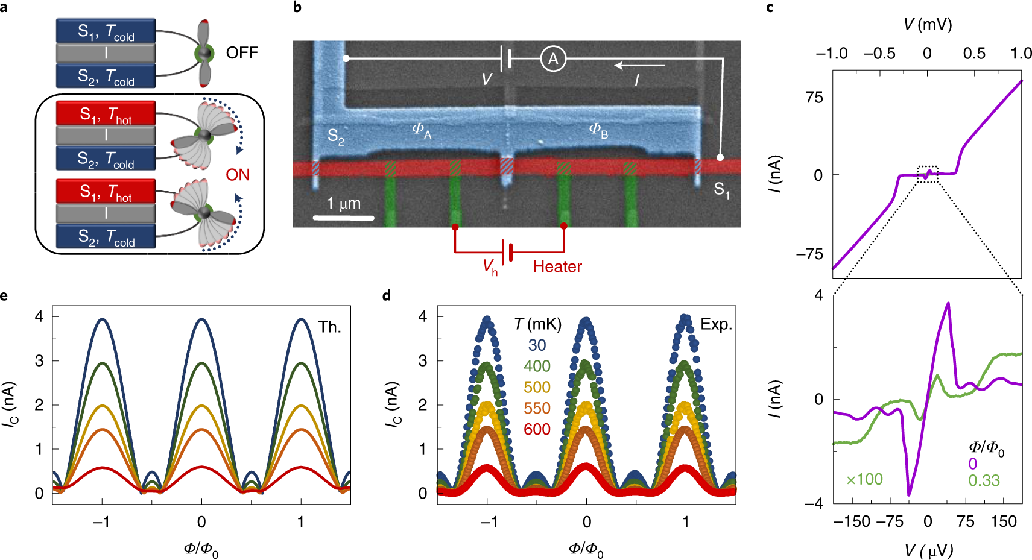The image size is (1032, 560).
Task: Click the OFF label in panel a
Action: point(242,53)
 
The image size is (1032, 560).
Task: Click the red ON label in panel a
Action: point(238,175)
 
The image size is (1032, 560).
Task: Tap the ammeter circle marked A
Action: point(553,59)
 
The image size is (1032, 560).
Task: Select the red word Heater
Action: point(557,266)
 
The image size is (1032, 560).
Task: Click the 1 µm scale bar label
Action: point(344,204)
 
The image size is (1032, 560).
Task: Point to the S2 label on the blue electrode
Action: point(336,137)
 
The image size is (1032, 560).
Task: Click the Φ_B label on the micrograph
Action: point(598,130)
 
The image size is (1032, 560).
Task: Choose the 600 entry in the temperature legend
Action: point(537,429)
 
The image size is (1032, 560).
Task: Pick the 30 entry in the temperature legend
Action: point(537,345)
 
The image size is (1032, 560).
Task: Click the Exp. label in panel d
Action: point(716,324)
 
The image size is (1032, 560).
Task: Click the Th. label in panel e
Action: point(329,327)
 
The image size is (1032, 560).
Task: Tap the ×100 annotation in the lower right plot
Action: point(864,479)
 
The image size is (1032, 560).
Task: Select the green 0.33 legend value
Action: point(984,480)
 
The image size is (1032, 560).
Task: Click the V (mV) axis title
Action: point(928,25)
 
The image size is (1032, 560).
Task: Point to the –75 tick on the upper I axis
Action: point(810,254)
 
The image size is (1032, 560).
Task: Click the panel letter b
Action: point(297,8)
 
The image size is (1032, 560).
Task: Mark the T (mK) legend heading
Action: point(537,324)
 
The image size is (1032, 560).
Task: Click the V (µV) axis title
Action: point(928,550)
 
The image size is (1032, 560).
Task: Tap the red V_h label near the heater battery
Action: point(490,267)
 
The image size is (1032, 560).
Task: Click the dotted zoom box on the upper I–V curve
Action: point(928,174)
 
